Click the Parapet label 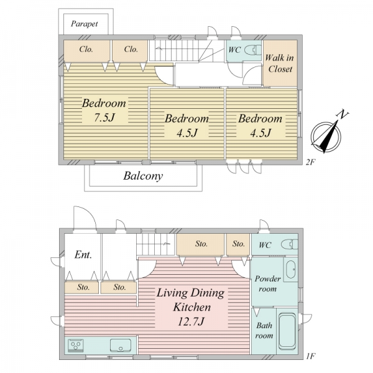85,24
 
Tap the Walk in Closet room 280,63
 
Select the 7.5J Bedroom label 104,110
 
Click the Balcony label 143,176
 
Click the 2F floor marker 310,162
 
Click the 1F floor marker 310,356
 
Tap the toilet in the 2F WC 253,50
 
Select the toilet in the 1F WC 289,244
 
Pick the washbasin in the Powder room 291,270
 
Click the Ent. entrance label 83,255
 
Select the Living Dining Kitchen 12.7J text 191,307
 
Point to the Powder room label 267,283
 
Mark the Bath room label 264,330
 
